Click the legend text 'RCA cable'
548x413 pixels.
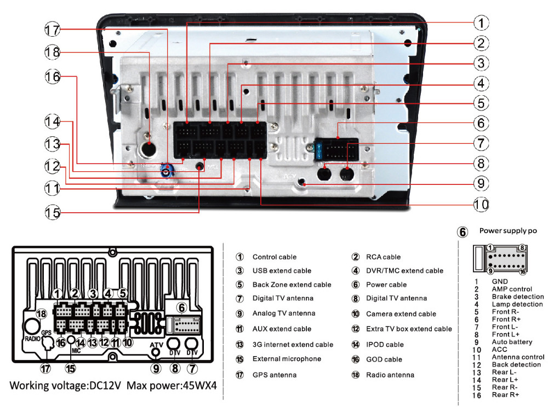coord(384,257)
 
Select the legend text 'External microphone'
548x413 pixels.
coord(287,359)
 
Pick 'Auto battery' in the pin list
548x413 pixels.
coord(512,342)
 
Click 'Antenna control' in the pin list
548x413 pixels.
coord(518,357)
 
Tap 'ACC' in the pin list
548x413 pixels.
coord(500,350)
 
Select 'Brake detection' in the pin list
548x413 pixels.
coord(517,296)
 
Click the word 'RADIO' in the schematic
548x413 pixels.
coord(32,339)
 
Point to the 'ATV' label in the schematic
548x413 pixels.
coord(156,345)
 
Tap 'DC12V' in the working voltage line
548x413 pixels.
coord(105,386)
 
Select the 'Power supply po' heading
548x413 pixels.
coord(508,231)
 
